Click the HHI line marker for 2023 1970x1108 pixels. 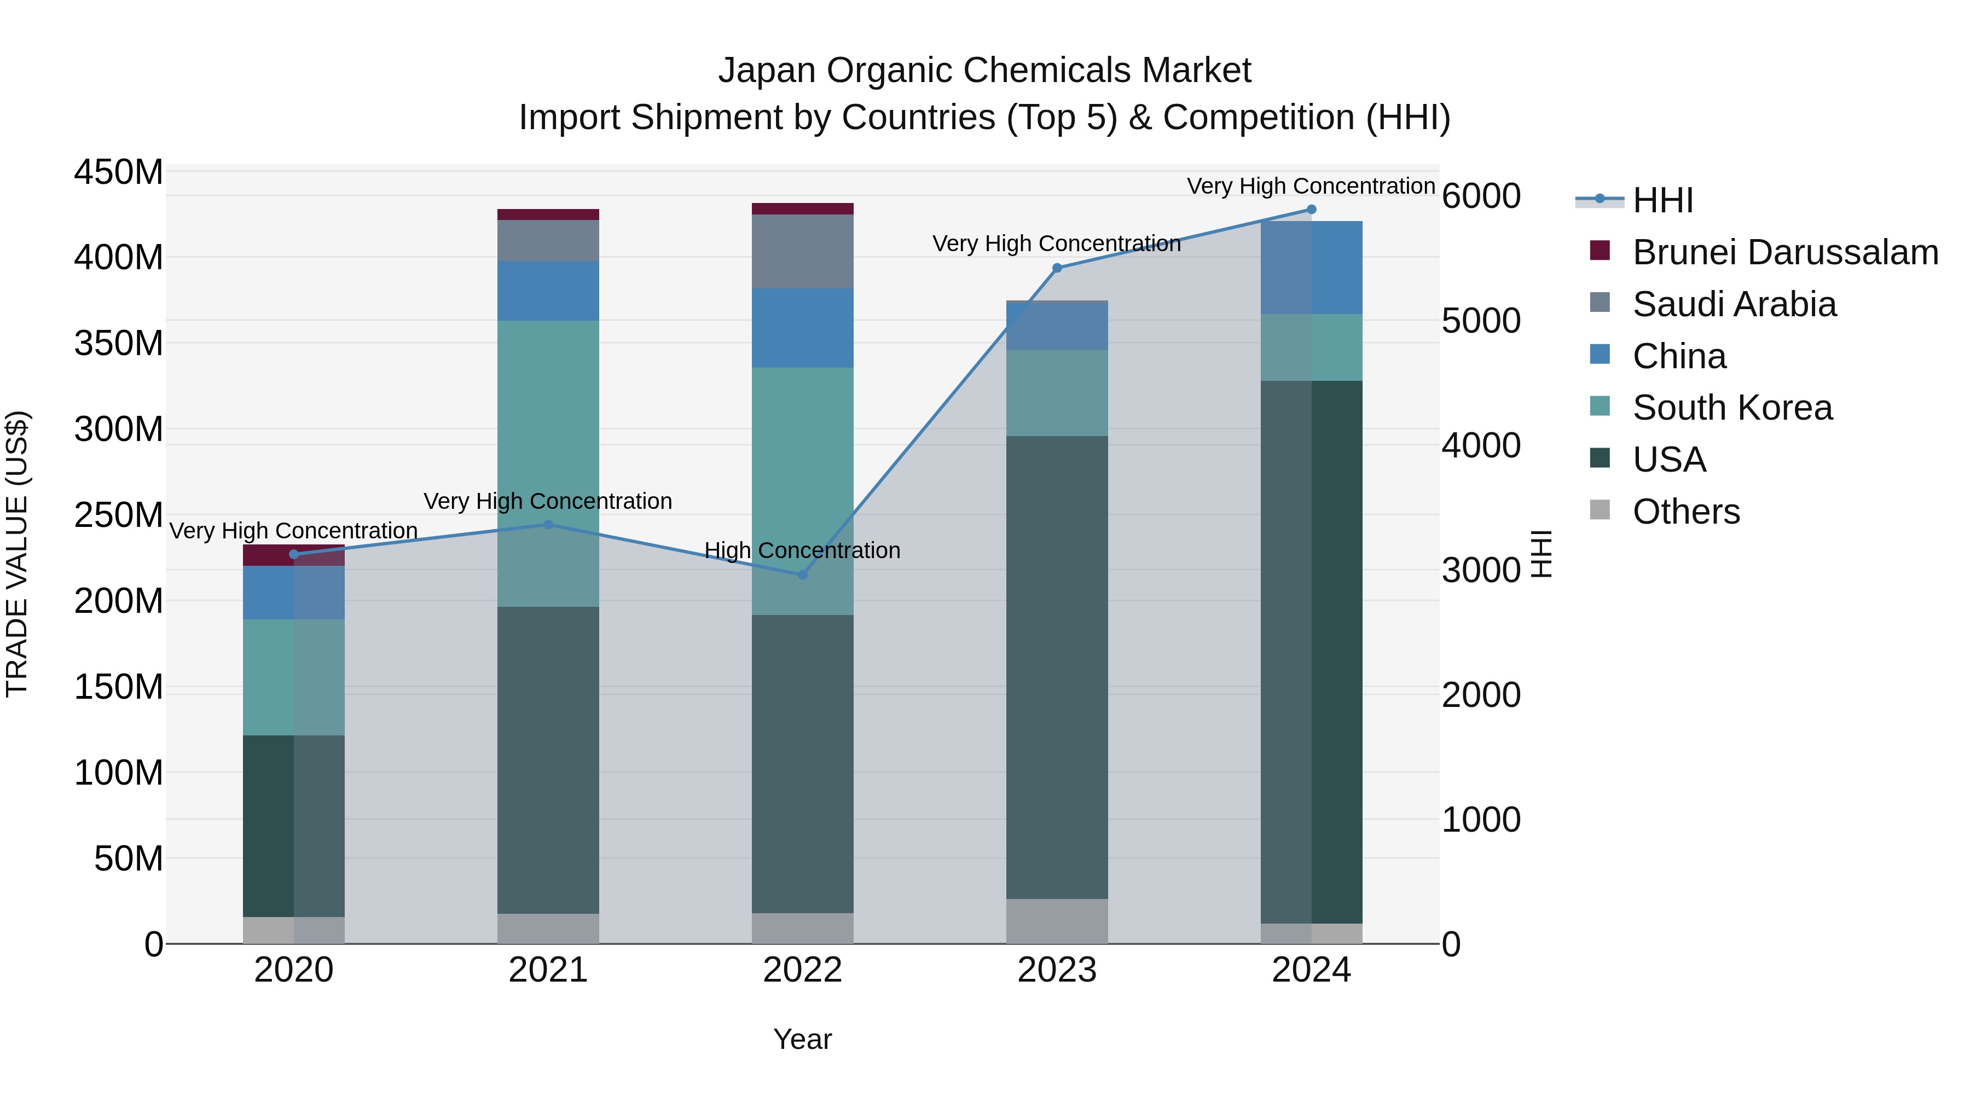[x=1057, y=268]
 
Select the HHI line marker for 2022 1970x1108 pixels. [x=802, y=575]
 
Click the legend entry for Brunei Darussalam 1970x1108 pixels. [x=1785, y=252]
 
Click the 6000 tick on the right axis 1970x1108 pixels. [x=1481, y=196]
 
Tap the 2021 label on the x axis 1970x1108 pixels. [x=548, y=970]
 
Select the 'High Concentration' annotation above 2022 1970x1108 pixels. [x=802, y=550]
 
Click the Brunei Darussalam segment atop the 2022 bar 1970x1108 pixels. [x=802, y=209]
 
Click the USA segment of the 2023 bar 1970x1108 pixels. [x=1057, y=665]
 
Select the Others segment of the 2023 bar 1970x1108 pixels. [x=1057, y=921]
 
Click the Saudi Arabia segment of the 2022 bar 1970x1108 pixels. [x=802, y=251]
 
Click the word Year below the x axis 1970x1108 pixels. [x=802, y=1039]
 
